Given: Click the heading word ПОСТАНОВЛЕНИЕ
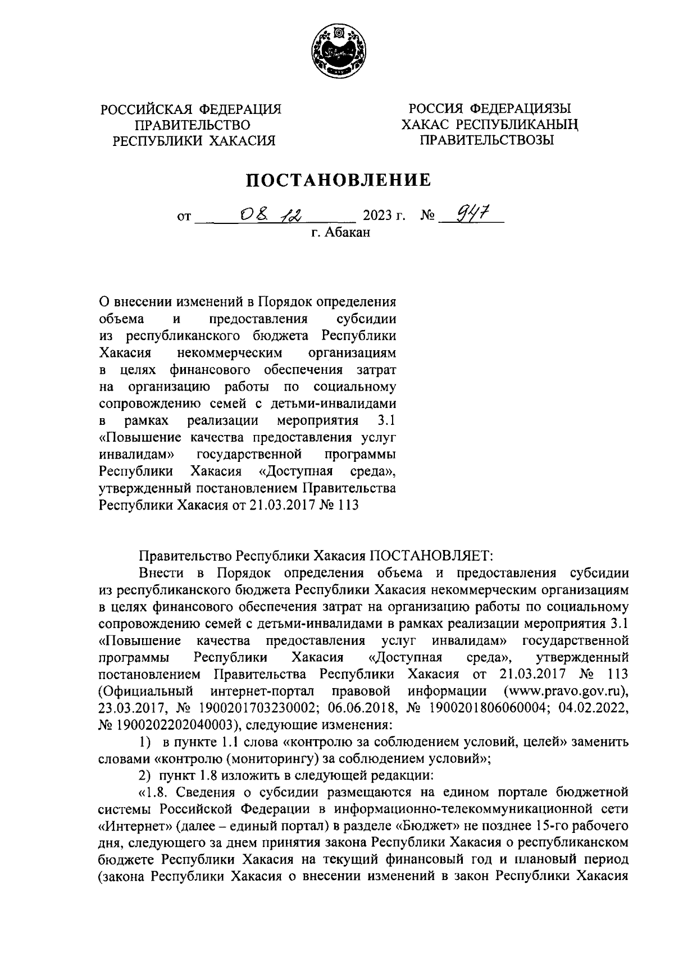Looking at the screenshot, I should [336, 180].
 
